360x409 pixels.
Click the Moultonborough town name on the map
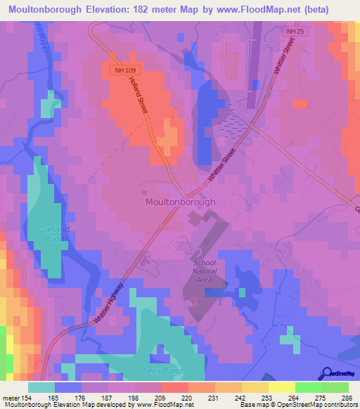[180, 201]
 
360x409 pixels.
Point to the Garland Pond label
[49, 234]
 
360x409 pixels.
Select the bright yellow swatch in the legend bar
[281, 387]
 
